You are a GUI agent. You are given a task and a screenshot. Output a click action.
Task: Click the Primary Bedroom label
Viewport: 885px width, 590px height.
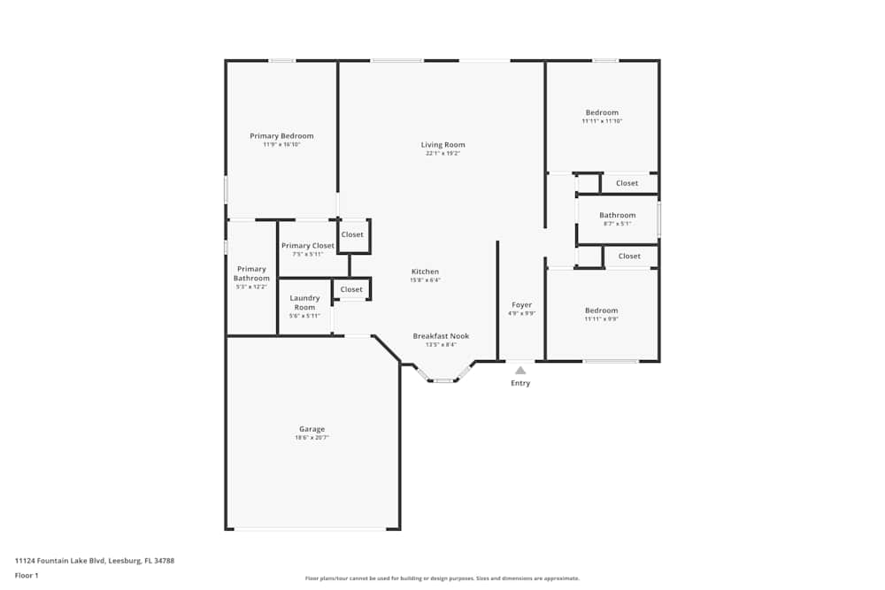tap(281, 136)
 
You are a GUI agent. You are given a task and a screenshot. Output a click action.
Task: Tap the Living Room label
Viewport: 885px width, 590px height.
tap(442, 145)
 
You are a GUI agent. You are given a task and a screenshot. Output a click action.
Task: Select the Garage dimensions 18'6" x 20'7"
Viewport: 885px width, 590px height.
tap(312, 438)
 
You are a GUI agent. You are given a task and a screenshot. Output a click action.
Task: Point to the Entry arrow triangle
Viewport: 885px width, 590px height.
tap(520, 371)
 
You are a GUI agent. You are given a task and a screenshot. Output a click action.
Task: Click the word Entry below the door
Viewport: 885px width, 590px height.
tap(520, 383)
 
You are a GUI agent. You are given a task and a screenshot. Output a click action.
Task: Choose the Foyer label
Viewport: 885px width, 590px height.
tap(521, 305)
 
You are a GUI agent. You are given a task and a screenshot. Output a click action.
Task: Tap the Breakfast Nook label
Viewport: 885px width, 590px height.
tap(441, 336)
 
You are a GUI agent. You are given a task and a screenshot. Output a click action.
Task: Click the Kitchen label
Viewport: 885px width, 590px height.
tap(425, 272)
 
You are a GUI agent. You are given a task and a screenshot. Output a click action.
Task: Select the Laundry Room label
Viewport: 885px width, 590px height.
tap(304, 303)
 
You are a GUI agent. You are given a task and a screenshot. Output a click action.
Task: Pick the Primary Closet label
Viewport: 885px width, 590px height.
tap(308, 246)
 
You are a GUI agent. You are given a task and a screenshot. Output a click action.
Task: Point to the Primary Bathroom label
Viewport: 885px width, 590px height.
tap(251, 273)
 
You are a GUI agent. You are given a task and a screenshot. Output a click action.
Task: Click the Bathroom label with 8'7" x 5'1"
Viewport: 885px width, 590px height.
tap(617, 215)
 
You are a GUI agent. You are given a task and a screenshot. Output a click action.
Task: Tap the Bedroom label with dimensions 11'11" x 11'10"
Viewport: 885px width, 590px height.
tap(602, 112)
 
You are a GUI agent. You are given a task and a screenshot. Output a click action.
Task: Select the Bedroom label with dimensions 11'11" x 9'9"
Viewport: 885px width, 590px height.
tap(601, 310)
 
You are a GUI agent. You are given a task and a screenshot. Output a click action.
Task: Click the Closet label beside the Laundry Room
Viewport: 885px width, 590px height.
tap(351, 289)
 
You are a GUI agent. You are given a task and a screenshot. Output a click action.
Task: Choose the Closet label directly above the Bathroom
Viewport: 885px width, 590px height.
tap(627, 183)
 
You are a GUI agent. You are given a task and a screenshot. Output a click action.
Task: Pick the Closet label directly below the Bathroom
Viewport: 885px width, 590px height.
tap(629, 257)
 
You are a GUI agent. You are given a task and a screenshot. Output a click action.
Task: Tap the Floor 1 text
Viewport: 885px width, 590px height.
tap(27, 575)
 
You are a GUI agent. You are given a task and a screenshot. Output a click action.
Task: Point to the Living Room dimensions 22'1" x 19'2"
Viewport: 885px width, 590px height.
tap(442, 154)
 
